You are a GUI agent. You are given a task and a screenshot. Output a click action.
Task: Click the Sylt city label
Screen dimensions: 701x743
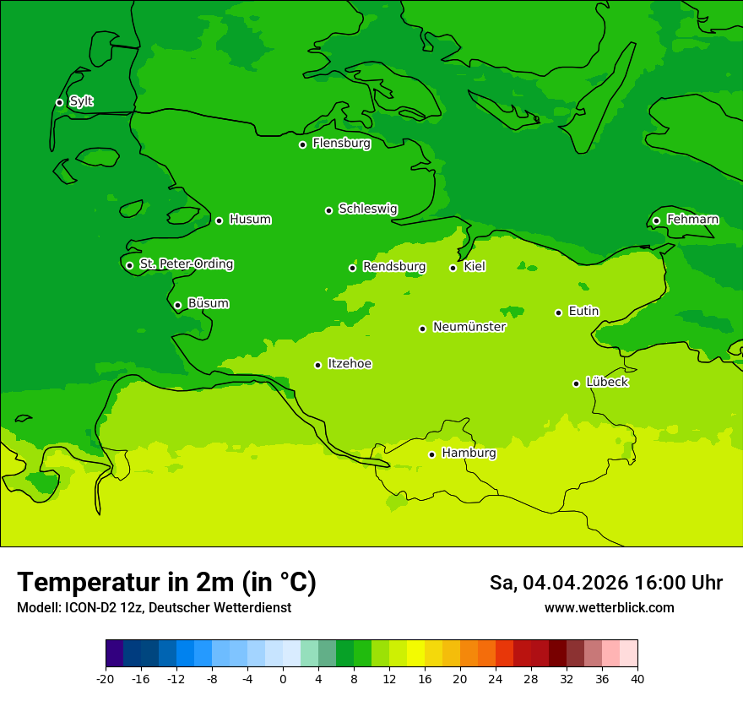[81, 101]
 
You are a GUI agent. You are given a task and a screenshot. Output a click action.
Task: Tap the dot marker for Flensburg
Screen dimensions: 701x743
[302, 144]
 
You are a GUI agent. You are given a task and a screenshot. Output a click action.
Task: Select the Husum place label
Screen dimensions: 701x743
[250, 220]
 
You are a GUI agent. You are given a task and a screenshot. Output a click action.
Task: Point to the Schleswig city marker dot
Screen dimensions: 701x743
[328, 210]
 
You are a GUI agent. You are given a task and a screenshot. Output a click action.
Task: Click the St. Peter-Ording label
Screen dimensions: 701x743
[186, 264]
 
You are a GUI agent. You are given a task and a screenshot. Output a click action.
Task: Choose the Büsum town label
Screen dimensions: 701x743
[208, 303]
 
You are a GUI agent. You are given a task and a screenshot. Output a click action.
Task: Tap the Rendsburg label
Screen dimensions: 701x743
[393, 267]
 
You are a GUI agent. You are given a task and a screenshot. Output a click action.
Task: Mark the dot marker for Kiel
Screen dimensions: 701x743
[453, 268]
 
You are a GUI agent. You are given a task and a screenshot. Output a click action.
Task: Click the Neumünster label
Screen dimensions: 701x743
[469, 327]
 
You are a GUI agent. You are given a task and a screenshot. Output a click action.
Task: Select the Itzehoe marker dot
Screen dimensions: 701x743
[317, 365]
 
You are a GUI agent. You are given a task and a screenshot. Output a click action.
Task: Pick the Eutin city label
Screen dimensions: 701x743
[583, 312]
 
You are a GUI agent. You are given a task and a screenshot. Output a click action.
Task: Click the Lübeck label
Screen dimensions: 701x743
[606, 382]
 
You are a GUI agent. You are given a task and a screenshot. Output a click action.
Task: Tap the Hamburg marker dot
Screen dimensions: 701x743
[431, 454]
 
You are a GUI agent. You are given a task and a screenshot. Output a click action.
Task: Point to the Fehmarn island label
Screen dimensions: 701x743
[692, 220]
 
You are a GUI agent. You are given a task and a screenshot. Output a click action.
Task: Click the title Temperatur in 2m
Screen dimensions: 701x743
[166, 582]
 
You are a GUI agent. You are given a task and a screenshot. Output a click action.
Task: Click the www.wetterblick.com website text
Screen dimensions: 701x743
[609, 608]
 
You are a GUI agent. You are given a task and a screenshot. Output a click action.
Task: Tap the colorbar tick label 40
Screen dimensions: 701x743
[637, 679]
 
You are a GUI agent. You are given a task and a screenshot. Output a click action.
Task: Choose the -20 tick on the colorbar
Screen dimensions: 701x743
[106, 679]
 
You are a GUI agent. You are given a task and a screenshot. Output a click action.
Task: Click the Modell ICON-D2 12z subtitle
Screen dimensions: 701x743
[154, 608]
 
